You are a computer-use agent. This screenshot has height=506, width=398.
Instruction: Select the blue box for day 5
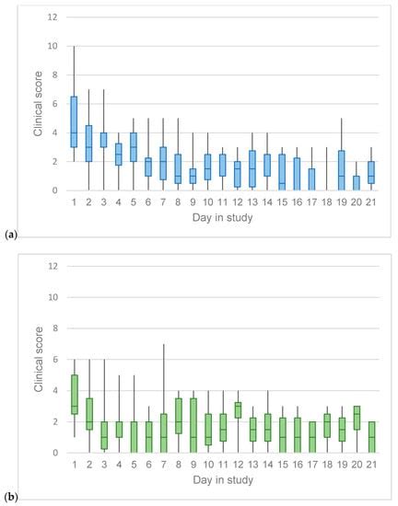click(133, 147)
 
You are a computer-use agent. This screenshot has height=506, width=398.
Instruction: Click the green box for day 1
click(75, 395)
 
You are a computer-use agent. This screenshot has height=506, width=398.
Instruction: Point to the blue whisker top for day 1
click(75, 46)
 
